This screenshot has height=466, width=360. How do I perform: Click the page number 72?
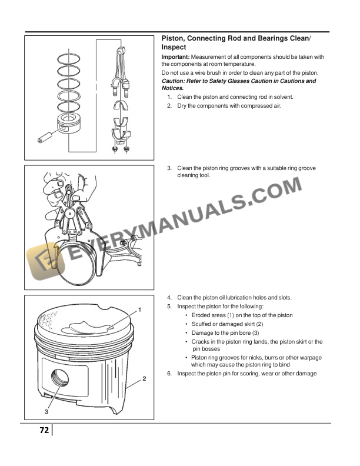point(44,430)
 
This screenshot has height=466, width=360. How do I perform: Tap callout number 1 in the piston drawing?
point(140,309)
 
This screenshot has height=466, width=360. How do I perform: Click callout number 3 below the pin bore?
point(46,411)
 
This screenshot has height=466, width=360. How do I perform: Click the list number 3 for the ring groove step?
point(169,168)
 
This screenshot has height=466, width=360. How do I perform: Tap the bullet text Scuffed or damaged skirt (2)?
point(227,324)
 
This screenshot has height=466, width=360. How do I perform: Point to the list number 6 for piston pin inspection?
point(169,374)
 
